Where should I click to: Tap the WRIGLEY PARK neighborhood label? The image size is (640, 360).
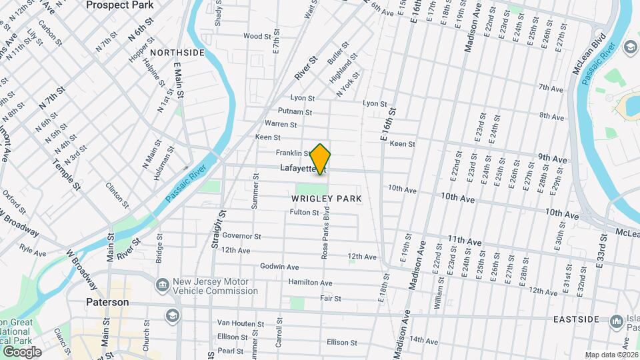click(327, 199)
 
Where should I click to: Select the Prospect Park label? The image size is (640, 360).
click(120, 5)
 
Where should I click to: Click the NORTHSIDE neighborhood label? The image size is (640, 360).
click(177, 52)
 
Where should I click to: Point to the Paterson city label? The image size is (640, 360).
click(107, 302)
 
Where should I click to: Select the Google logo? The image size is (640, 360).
click(21, 352)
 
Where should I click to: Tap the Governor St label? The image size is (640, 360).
click(241, 236)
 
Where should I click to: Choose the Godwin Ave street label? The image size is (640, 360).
click(279, 267)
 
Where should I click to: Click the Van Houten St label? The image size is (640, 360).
click(240, 323)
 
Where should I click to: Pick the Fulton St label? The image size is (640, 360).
click(305, 213)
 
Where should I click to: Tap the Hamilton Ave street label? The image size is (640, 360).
click(310, 283)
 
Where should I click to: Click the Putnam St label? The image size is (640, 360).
click(295, 111)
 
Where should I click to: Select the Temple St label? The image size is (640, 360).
click(67, 176)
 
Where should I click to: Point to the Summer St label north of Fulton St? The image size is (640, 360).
click(255, 193)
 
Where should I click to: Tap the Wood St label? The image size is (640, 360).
click(257, 36)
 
